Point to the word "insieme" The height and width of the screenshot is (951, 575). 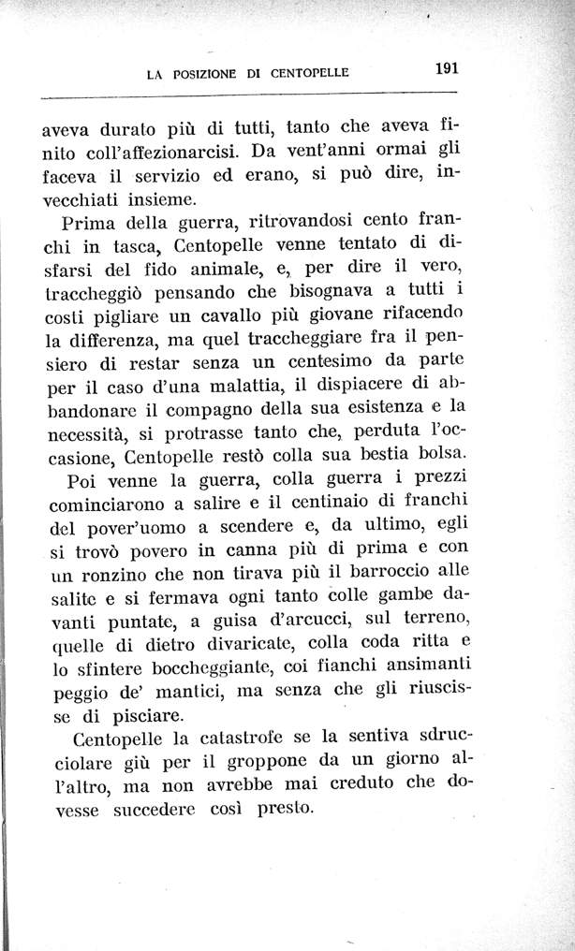[x=163, y=199]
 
